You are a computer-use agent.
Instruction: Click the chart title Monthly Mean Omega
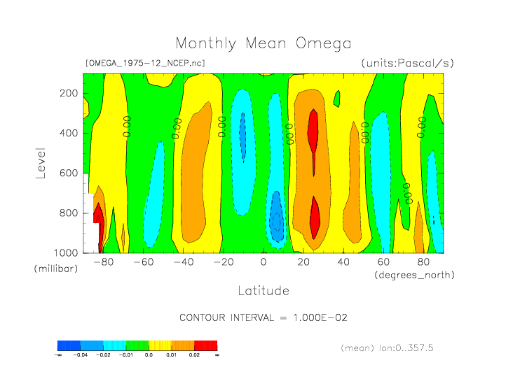coord(263,43)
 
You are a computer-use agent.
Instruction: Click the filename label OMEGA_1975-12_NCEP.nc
coord(145,63)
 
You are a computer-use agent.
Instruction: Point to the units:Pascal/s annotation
coord(407,63)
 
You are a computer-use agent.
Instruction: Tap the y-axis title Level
coord(40,162)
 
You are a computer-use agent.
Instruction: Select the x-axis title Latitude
coord(263,290)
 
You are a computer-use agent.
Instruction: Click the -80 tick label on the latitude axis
coord(102,262)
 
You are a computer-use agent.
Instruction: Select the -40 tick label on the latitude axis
coord(183,262)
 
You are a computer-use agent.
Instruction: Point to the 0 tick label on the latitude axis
coord(263,262)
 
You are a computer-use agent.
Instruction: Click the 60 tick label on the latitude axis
coord(384,262)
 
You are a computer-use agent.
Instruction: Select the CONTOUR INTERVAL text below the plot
coord(263,317)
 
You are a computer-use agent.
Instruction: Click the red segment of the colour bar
coord(205,345)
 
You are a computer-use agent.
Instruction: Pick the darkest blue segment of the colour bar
coord(69,345)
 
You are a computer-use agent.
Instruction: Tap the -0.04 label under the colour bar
coord(80,355)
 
